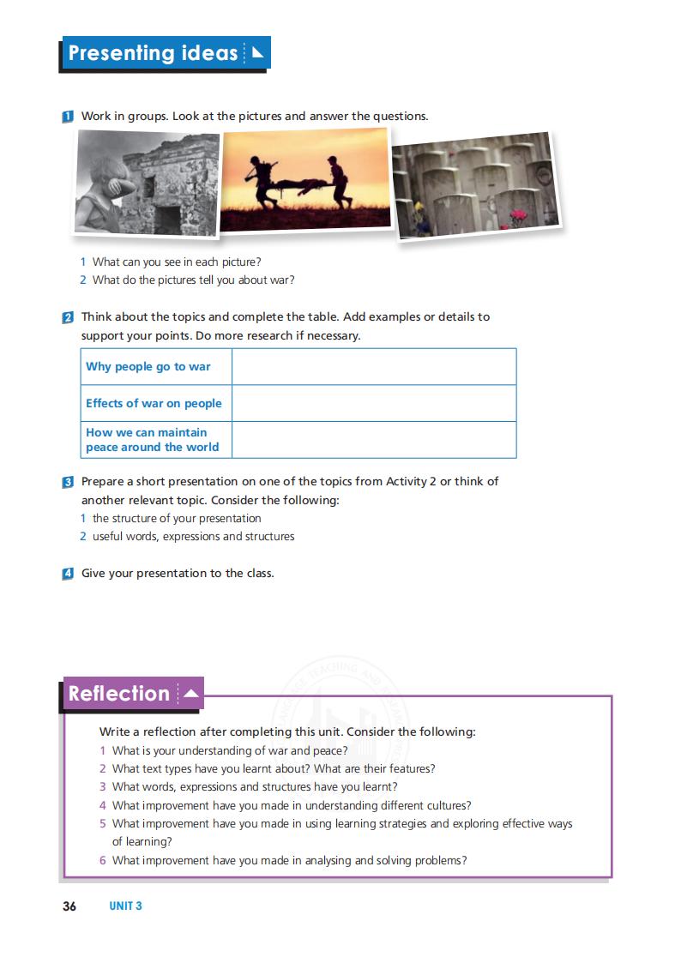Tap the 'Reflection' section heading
119,693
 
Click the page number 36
69,906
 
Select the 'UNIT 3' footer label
125,906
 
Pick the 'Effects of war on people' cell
154,403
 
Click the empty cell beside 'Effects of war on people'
373,403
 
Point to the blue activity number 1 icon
68,117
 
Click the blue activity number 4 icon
68,574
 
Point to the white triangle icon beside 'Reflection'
191,693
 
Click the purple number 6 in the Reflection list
103,860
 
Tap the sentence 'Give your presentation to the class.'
178,574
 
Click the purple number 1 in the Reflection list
103,750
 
